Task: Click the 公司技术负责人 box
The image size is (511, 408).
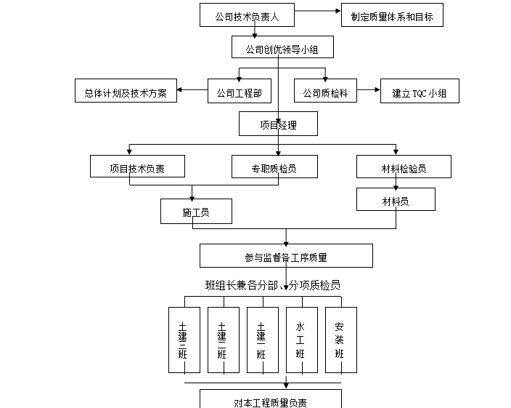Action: tap(248, 15)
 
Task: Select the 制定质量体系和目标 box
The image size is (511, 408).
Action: tap(392, 15)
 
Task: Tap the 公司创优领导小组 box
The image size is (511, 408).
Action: tap(282, 49)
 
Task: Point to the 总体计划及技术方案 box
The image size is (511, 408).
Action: tap(126, 92)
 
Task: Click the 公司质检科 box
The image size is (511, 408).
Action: tap(326, 92)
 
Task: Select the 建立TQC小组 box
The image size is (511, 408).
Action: tap(420, 92)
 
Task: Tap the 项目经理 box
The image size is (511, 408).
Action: tap(279, 125)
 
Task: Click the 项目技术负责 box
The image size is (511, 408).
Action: tap(137, 167)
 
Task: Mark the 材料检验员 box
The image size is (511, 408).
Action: tap(404, 167)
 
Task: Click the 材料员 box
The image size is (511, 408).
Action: tap(396, 200)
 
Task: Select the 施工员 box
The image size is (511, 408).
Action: tap(196, 211)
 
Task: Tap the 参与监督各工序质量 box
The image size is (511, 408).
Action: tap(286, 256)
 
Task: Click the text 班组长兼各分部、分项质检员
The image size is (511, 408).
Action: tap(273, 285)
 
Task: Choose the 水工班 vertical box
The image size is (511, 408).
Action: tap(301, 340)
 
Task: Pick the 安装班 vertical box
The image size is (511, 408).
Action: tap(340, 340)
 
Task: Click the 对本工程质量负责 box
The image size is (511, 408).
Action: tap(271, 400)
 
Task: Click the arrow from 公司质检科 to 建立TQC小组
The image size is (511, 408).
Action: tap(369, 89)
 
